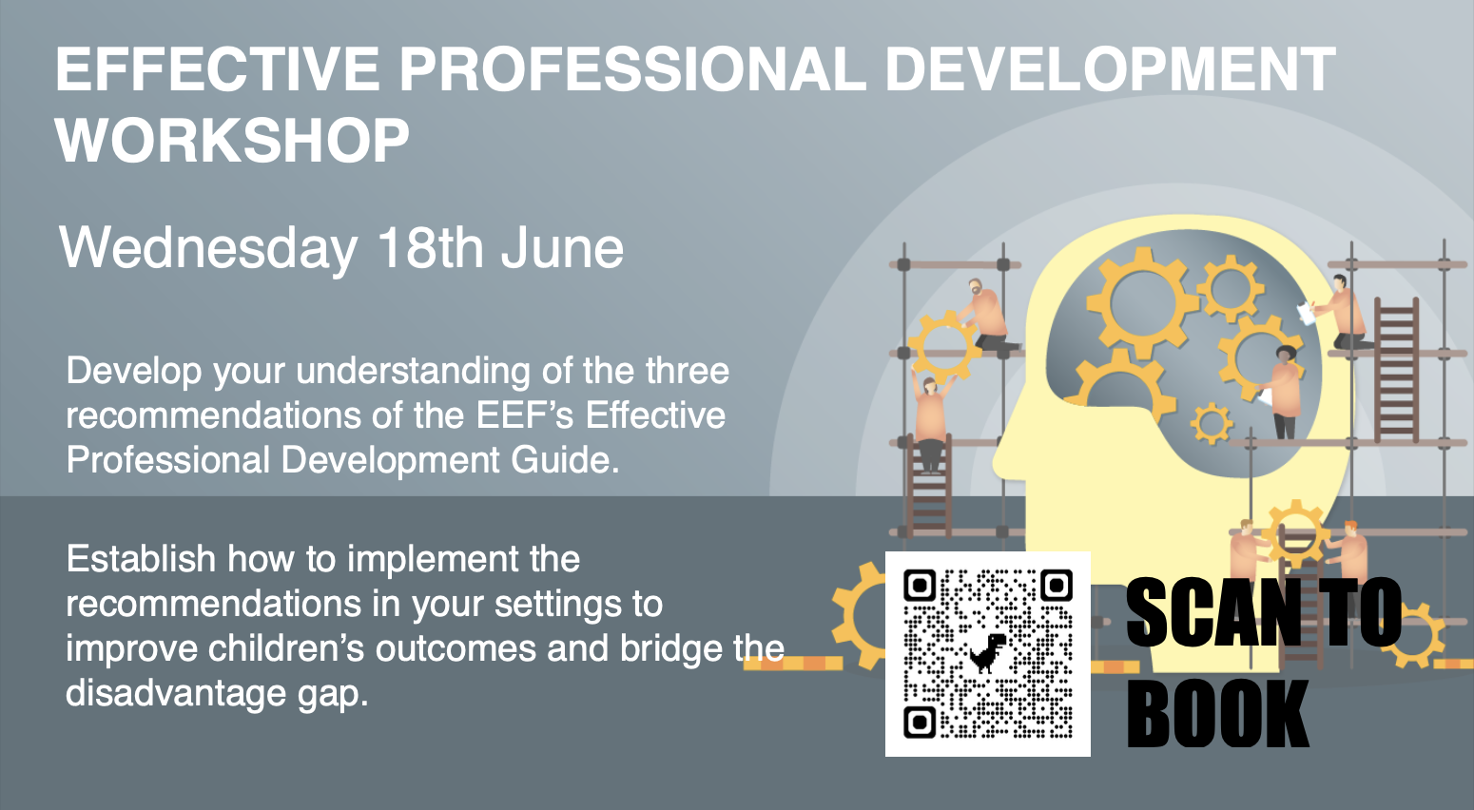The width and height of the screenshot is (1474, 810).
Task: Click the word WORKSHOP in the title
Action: point(232,140)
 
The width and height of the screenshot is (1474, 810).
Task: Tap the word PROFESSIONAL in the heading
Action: point(632,69)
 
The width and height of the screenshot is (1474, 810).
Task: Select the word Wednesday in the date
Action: point(208,249)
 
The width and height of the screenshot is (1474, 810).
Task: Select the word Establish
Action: point(140,559)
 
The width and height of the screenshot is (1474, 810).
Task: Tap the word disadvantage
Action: point(176,693)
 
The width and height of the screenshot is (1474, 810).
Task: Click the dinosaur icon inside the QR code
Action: point(988,652)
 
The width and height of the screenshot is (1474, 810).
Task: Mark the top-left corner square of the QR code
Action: point(920,585)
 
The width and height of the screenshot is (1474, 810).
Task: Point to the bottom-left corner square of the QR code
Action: point(920,723)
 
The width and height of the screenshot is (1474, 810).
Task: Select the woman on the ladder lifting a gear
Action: point(930,420)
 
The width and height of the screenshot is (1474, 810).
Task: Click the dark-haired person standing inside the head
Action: point(1284,393)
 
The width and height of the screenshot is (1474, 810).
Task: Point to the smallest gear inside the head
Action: point(1212,424)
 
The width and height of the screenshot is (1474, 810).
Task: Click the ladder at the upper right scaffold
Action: point(1396,369)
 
